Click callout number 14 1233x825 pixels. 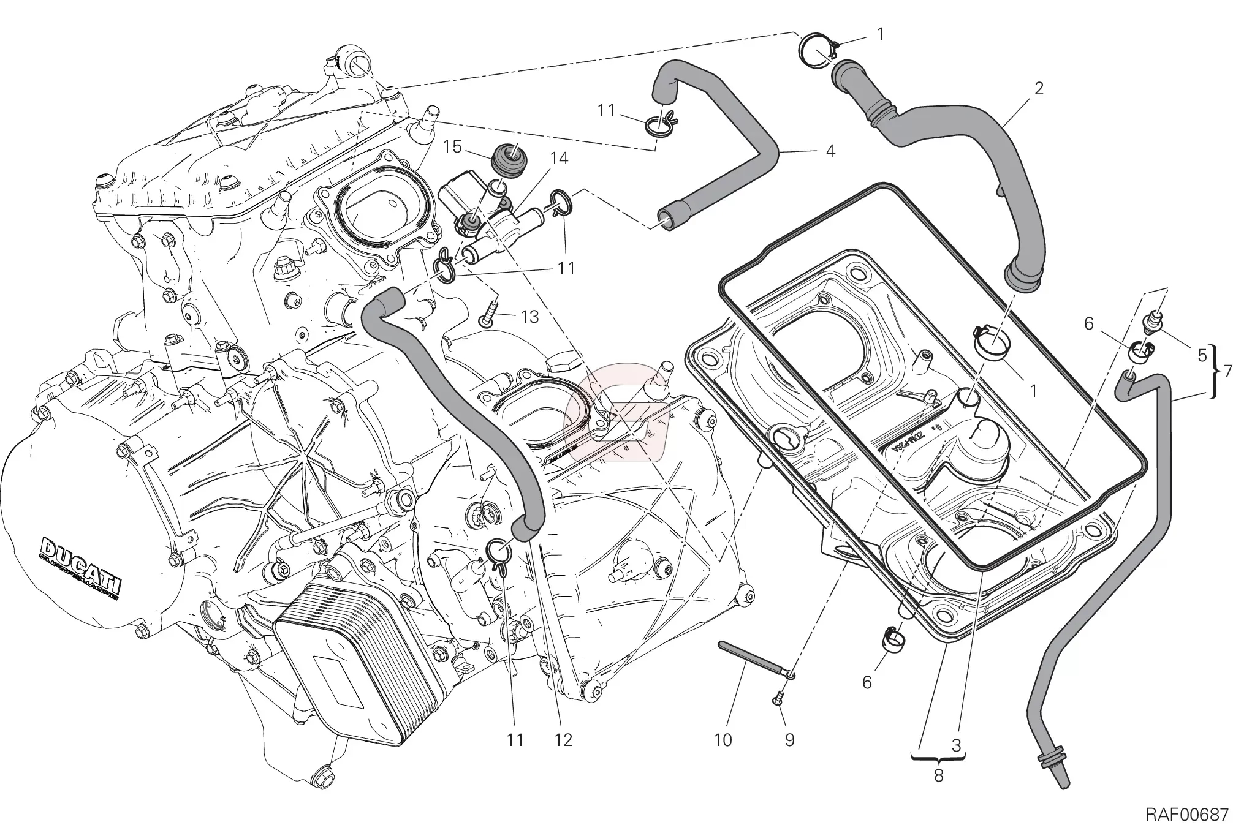pyautogui.click(x=559, y=159)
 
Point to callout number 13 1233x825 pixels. pyautogui.click(x=529, y=317)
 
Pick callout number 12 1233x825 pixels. pyautogui.click(x=563, y=740)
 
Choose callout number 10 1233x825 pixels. pyautogui.click(x=723, y=740)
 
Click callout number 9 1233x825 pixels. pyautogui.click(x=790, y=740)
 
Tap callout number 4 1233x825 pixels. pyautogui.click(x=830, y=150)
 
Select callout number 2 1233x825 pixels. pyautogui.click(x=1038, y=88)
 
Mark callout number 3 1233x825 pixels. pyautogui.click(x=956, y=745)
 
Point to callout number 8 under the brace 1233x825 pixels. pyautogui.click(x=938, y=775)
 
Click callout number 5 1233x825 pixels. pyautogui.click(x=1202, y=355)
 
